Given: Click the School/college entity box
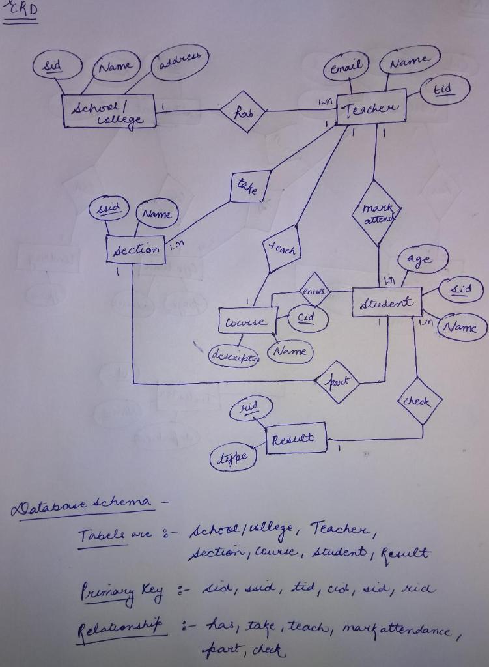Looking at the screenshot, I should click(x=109, y=111).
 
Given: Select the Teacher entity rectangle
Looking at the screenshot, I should click(x=372, y=107).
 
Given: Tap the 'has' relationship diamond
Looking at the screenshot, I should click(x=242, y=111).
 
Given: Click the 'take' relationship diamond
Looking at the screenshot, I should click(x=249, y=188).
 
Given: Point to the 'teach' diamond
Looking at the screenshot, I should click(x=281, y=249).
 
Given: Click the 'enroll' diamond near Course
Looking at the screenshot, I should click(x=314, y=291).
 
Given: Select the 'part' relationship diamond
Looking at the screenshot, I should click(x=336, y=381).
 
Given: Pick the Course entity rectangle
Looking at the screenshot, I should click(x=247, y=321).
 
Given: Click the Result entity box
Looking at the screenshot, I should click(x=296, y=438).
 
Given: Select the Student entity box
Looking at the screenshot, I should click(x=387, y=302).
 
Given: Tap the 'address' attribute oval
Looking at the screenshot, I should click(x=179, y=64).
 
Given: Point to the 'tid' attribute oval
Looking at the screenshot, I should click(x=445, y=89).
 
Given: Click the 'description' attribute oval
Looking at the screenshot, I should click(x=233, y=356).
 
